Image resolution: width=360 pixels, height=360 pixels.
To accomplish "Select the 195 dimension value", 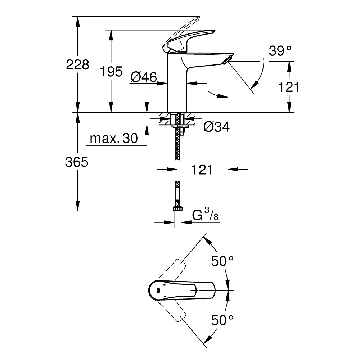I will click(x=111, y=72).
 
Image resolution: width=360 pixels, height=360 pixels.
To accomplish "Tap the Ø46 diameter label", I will click(x=144, y=77).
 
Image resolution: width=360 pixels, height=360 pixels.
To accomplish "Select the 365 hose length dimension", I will click(x=77, y=162).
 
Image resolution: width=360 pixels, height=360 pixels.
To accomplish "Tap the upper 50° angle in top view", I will click(x=222, y=261).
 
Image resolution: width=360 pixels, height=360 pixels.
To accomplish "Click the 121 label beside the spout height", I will click(x=289, y=87).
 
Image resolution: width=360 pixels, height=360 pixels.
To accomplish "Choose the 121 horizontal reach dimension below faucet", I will click(x=202, y=170).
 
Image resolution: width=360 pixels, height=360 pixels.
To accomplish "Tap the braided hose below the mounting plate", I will click(x=177, y=148).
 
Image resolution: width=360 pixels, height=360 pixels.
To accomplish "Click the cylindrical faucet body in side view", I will click(x=177, y=86).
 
